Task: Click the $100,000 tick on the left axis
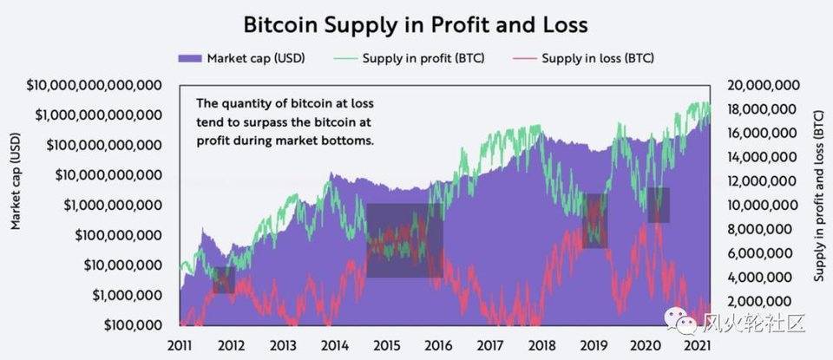(130, 325)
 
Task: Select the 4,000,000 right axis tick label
(755, 278)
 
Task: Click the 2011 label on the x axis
(180, 344)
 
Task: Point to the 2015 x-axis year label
(385, 344)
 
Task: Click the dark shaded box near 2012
(224, 279)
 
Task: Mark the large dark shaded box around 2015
(404, 240)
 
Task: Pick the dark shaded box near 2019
(594, 220)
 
